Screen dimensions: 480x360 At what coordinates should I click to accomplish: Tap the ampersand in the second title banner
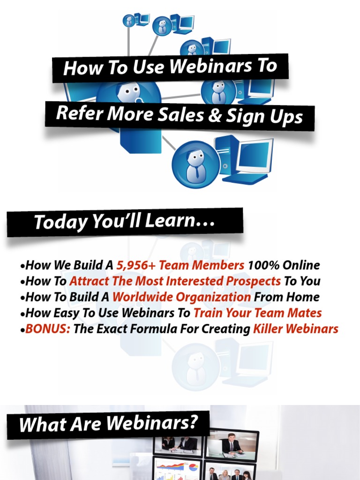pos(214,115)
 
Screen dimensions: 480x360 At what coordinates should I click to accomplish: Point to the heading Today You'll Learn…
pos(124,221)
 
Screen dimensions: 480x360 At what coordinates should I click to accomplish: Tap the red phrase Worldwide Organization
pos(181,297)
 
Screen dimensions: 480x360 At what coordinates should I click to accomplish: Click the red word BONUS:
pos(48,329)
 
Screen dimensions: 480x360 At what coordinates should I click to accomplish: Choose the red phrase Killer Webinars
pos(296,329)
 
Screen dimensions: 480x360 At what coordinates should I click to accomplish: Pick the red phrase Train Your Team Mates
pos(258,313)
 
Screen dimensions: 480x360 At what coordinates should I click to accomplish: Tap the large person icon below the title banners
pos(196,165)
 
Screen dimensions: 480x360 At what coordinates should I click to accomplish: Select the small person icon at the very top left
pos(129,21)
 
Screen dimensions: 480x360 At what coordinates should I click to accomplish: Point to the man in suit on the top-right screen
pos(231,443)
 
